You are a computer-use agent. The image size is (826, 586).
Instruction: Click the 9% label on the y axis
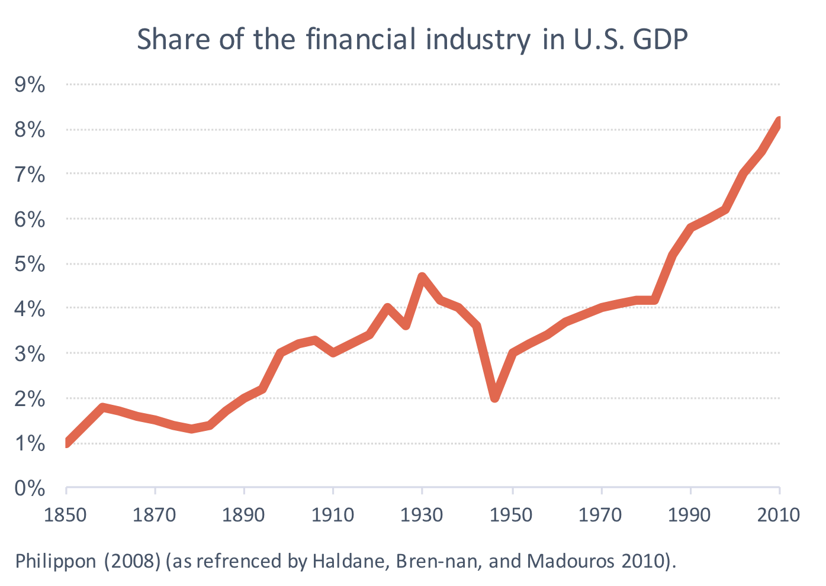pos(30,85)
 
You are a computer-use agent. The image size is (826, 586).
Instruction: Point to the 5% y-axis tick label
pos(30,264)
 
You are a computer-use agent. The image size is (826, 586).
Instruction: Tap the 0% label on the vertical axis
pos(30,488)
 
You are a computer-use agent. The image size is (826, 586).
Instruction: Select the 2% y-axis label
pos(30,398)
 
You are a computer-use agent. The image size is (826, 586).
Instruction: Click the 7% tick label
pos(30,175)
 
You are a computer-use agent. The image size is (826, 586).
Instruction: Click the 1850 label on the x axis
pos(65,515)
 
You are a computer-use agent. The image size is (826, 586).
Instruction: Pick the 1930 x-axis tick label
pos(422,515)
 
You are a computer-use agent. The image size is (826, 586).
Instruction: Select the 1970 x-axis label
pos(600,515)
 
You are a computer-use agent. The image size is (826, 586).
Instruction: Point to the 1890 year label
pos(243,515)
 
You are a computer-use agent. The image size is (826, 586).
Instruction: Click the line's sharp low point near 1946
pos(495,398)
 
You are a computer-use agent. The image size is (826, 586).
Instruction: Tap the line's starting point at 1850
pos(66,443)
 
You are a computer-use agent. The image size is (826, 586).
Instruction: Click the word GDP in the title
pos(660,40)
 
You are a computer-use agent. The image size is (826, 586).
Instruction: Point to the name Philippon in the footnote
pos(56,561)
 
